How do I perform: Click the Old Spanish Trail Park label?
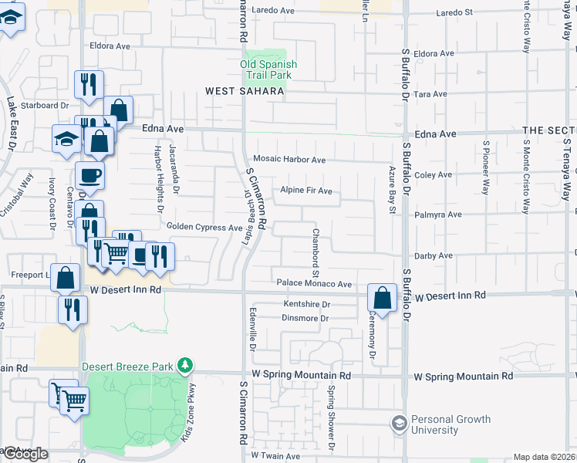[268, 69]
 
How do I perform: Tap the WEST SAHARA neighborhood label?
[245, 91]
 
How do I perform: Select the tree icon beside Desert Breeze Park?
[184, 364]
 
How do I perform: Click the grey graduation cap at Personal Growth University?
[399, 424]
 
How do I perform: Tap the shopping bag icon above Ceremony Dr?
[382, 297]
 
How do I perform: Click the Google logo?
[25, 454]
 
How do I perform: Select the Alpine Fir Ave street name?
[305, 191]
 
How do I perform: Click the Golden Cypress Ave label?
[204, 228]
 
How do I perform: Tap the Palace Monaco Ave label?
[314, 284]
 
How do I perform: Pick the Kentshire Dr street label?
[306, 305]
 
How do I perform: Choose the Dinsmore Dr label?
[305, 318]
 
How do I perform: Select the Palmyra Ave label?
[433, 215]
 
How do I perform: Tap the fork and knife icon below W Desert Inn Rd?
[73, 310]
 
